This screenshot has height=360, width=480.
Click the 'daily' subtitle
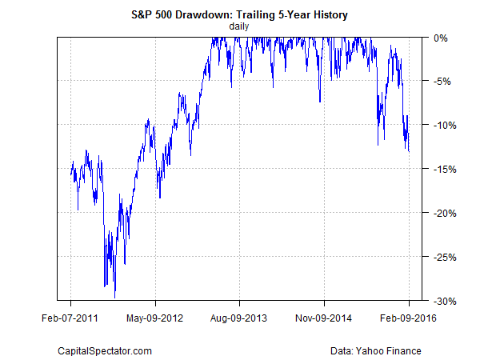(239, 26)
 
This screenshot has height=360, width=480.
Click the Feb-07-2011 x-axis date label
(70, 318)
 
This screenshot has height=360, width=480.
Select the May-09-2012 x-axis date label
(155, 318)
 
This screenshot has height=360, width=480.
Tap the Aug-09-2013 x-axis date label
(240, 318)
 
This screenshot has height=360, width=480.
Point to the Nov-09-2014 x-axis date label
(325, 318)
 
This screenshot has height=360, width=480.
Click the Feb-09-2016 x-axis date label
(409, 318)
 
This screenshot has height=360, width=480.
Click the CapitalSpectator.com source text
(105, 350)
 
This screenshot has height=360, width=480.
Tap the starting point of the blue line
(70, 171)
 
